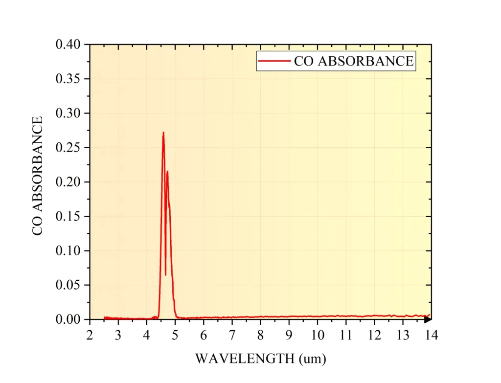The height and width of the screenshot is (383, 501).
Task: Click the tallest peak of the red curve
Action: [163, 133]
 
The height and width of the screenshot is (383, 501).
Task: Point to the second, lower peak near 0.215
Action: [167, 172]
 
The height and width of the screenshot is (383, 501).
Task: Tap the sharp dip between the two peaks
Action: [165, 274]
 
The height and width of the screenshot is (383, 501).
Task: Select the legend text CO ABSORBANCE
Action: [353, 61]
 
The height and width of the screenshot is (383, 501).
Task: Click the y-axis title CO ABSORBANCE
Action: [38, 176]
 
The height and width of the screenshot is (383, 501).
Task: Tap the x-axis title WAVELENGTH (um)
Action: [260, 359]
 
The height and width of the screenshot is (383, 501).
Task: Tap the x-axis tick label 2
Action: [90, 335]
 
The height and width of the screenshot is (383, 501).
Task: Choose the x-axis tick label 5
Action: [175, 335]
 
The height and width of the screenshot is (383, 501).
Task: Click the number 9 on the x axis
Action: [289, 335]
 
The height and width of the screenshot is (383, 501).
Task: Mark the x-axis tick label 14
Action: [431, 335]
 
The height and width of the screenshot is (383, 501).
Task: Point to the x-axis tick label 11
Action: [346, 335]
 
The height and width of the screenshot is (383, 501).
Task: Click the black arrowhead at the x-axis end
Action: [428, 320]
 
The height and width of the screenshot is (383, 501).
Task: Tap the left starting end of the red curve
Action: [104, 317]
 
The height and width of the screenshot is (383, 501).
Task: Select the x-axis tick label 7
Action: [232, 335]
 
